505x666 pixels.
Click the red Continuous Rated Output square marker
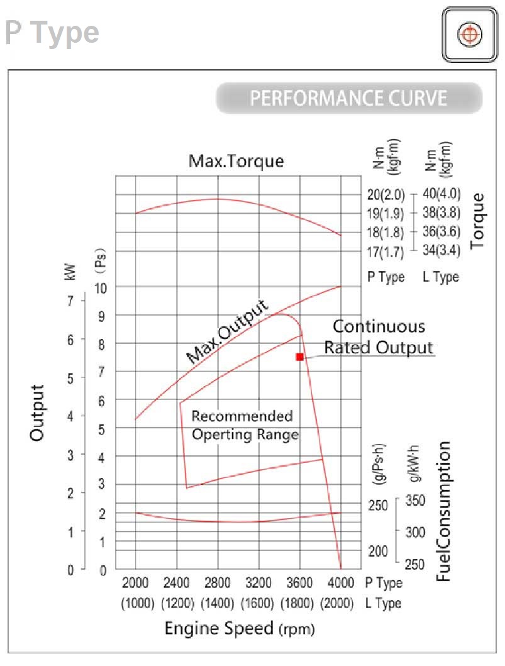[300, 357]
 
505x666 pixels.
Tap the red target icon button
[467, 35]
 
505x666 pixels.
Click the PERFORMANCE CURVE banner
[349, 99]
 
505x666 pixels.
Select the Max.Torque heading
[236, 161]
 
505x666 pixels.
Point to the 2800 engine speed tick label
[217, 582]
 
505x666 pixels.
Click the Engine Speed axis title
[239, 628]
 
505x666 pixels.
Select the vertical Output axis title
[37, 413]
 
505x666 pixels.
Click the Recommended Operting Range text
[244, 425]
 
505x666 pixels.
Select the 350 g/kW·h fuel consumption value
[415, 501]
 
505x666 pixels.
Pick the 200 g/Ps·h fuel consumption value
[378, 551]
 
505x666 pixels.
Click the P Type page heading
[52, 33]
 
